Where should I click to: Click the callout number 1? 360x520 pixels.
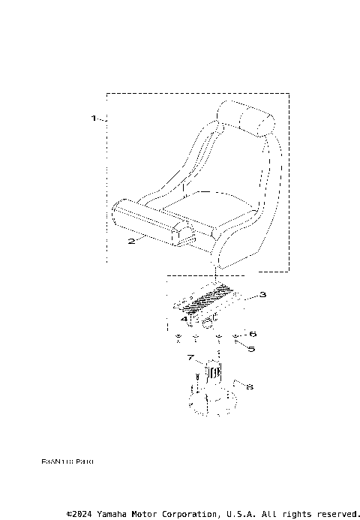coord(94,118)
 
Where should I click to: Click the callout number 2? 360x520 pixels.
coord(130,241)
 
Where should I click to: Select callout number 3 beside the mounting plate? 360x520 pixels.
coord(262,294)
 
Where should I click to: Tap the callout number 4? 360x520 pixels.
coord(183,320)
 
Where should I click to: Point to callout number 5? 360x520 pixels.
coord(251,348)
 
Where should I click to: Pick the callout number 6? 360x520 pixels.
coord(252,333)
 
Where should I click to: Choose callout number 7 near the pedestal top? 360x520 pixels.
coord(191,358)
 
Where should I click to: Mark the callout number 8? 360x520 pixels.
coord(250,387)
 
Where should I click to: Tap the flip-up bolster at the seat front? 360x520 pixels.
coord(150,224)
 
